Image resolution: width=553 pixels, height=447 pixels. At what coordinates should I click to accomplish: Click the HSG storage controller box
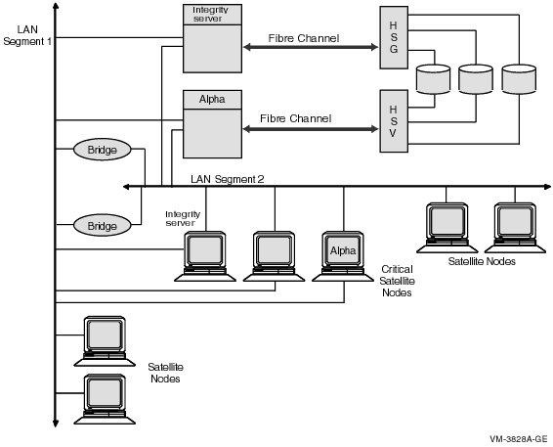(x=394, y=37)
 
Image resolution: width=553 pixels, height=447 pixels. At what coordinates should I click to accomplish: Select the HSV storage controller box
(x=394, y=121)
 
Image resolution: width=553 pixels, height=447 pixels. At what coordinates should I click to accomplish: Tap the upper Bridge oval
(x=103, y=150)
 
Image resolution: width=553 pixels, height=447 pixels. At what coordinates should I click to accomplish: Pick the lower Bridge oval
(x=103, y=226)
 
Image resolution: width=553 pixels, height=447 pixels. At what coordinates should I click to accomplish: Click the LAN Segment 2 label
(x=227, y=179)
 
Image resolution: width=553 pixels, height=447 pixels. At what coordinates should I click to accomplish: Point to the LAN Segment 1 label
(x=27, y=35)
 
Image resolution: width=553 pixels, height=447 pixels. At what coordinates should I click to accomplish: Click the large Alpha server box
(x=212, y=124)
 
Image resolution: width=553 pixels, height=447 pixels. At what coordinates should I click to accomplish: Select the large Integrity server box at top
(x=212, y=38)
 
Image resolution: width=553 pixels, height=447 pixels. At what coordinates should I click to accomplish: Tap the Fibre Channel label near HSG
(x=304, y=38)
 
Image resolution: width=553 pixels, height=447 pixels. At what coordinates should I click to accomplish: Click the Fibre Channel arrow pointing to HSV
(x=311, y=129)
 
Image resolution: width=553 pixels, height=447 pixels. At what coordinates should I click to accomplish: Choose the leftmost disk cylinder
(x=433, y=79)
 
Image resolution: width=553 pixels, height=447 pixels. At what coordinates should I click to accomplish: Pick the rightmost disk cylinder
(x=519, y=79)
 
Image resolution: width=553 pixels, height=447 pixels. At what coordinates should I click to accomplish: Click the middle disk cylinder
(x=476, y=79)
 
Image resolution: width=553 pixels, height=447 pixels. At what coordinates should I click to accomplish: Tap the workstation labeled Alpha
(x=343, y=256)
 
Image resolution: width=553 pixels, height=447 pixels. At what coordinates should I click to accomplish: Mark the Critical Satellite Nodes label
(x=397, y=281)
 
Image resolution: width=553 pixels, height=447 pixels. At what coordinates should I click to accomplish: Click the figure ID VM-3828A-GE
(x=519, y=439)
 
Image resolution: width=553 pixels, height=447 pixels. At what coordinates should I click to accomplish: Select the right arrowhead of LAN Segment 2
(x=547, y=187)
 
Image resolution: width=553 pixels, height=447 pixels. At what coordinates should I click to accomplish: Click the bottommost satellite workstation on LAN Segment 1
(x=105, y=399)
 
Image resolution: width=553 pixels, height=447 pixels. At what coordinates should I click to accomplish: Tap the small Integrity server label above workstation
(x=183, y=218)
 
